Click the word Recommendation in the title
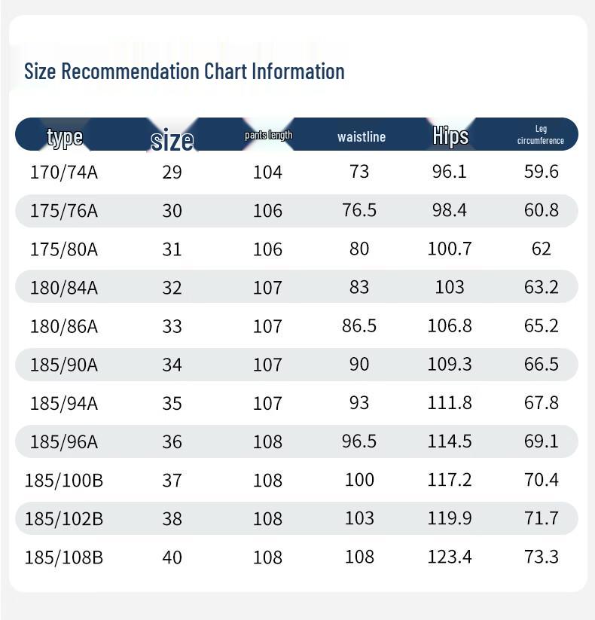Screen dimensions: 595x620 pos(130,72)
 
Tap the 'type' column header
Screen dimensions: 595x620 pos(65,137)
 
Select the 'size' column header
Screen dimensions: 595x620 pos(172,140)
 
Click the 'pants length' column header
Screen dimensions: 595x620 pos(268,136)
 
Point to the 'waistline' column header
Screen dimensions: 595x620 pos(362,137)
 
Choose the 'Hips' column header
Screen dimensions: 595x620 pos(450,136)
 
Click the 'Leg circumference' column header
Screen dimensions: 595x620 pos(541,135)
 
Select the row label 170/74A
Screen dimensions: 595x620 pos(64,173)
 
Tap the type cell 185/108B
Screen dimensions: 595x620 pos(64,557)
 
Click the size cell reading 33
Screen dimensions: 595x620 pos(172,327)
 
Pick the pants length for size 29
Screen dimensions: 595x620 pos(267,173)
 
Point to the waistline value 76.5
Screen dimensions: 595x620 pos(359,210)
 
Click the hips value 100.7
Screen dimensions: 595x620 pos(450,249)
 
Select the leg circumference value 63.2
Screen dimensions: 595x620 pos(542,287)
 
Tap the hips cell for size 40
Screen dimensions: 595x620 pos(450,557)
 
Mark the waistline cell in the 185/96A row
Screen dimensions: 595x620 pos(359,441)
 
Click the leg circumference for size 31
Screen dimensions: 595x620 pos(542,249)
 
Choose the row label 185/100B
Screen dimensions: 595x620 pos(64,481)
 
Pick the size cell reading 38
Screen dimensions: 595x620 pos(172,519)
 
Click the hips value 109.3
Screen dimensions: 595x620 pos(450,364)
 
